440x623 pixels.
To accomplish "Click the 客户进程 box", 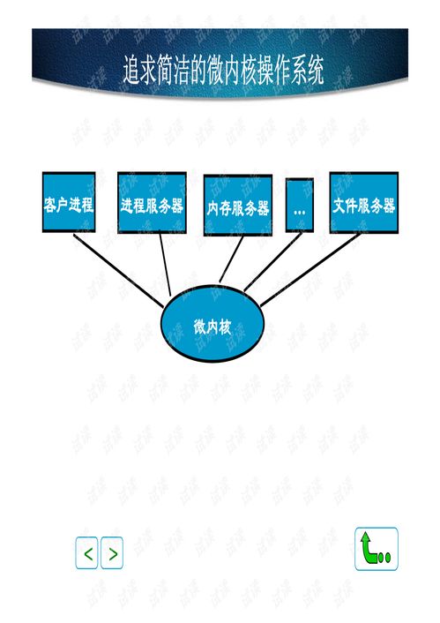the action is (69, 202).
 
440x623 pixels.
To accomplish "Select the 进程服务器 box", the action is (152, 203).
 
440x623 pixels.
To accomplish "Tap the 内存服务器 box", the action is (238, 205).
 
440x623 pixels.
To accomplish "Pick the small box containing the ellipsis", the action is (300, 205).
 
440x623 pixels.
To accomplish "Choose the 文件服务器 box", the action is (364, 203).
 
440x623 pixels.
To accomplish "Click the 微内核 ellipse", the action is (213, 323).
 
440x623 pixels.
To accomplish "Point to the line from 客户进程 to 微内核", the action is (118, 271).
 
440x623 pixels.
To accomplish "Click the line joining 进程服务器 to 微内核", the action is (165, 265).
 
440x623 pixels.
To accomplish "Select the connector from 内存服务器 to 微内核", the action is (231, 259).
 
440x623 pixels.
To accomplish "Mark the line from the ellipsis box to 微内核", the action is (272, 262).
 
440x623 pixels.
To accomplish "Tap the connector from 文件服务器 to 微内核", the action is (310, 270).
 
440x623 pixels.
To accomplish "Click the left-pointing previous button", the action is (86, 552).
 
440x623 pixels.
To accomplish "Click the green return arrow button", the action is (376, 549).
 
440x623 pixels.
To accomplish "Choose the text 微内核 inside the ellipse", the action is (212, 327).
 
